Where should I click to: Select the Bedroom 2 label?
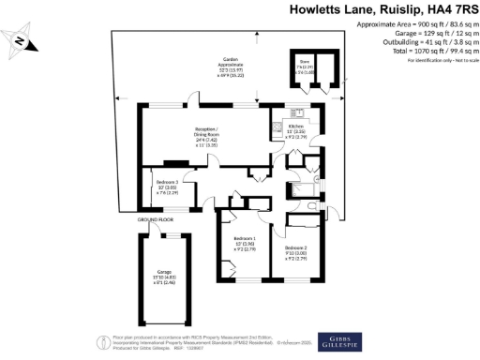pyautogui.click(x=298, y=247)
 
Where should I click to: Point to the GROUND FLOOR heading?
pyautogui.click(x=156, y=219)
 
